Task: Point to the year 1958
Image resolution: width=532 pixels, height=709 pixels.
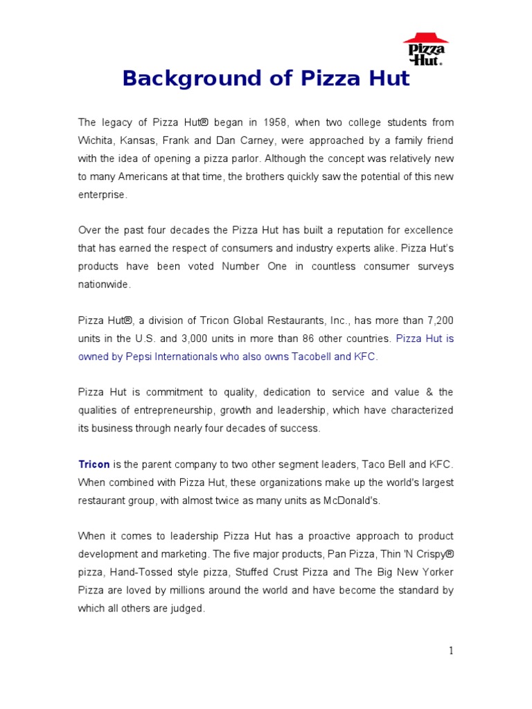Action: (x=273, y=123)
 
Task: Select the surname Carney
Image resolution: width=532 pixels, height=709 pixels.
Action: (x=253, y=141)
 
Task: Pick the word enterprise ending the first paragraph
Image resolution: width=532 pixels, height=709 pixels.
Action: (x=101, y=195)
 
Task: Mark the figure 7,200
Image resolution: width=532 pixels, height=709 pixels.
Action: (x=439, y=321)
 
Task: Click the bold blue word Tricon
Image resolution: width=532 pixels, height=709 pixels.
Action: (x=94, y=464)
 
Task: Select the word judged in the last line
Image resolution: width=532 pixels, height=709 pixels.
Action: (x=187, y=608)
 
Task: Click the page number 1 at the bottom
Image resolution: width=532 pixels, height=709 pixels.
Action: (x=451, y=650)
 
